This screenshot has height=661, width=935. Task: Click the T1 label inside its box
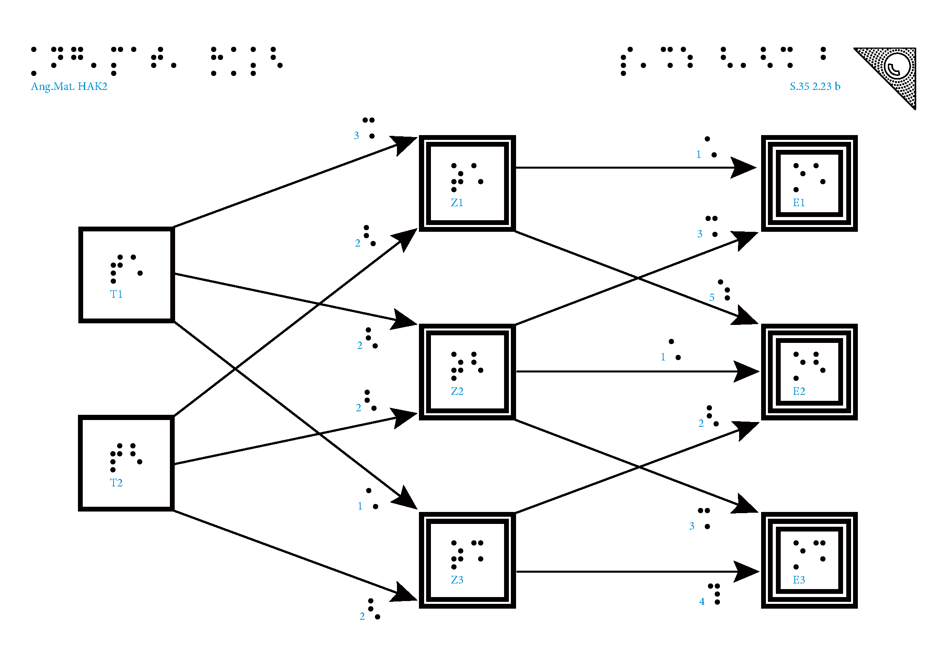click(116, 294)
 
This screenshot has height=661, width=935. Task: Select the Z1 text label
click(457, 203)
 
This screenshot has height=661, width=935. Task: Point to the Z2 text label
click(457, 391)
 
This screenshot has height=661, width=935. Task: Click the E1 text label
click(799, 203)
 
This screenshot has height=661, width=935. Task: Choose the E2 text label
click(799, 391)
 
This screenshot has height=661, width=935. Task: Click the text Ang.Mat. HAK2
click(69, 86)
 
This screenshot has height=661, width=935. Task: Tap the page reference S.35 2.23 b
click(815, 86)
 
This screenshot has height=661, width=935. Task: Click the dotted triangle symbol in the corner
click(896, 69)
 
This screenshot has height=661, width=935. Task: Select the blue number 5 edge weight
click(712, 298)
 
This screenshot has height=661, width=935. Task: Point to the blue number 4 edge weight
click(702, 601)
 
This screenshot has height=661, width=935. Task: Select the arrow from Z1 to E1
click(631, 167)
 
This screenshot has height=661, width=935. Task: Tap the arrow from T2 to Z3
click(285, 553)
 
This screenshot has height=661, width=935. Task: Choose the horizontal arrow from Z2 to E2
click(631, 371)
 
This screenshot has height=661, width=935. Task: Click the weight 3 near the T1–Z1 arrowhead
click(356, 135)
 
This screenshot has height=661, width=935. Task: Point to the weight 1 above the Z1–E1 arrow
click(699, 155)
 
